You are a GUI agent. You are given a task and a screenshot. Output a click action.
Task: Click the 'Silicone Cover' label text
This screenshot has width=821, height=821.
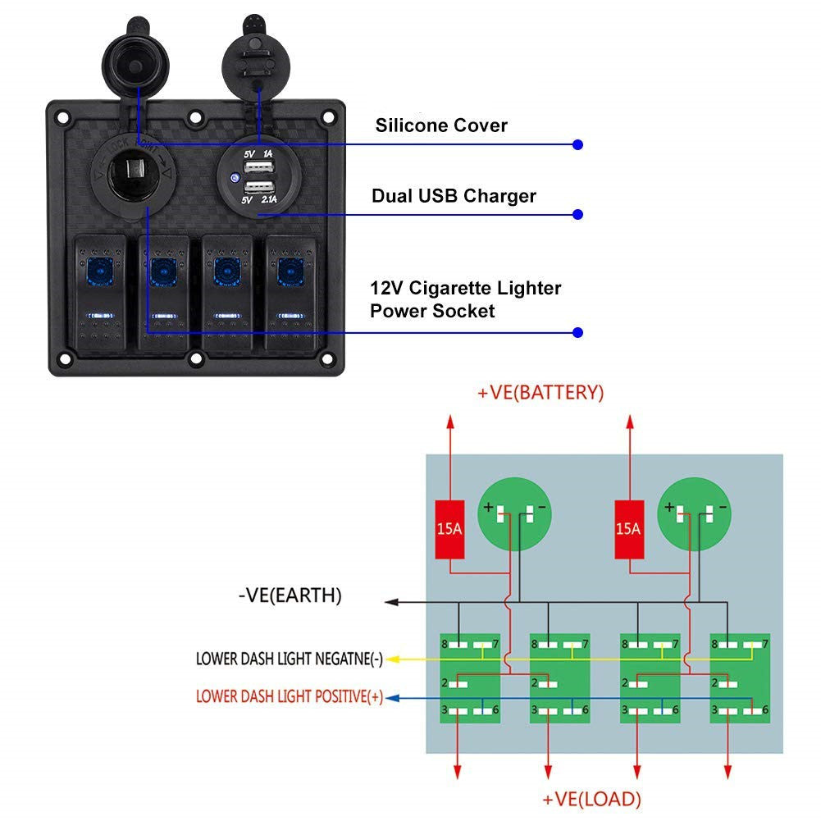click(441, 125)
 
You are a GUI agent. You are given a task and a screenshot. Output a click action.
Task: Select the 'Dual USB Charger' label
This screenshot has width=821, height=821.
click(454, 196)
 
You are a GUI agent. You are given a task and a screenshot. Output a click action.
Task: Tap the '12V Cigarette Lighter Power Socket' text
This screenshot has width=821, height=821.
click(465, 299)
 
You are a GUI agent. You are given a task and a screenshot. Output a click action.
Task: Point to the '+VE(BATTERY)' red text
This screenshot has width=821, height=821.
click(540, 393)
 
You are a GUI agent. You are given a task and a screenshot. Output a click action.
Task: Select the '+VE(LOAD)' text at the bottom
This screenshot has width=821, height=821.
click(591, 799)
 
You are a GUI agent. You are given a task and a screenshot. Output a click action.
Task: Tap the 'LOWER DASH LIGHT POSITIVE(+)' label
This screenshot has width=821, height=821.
click(289, 697)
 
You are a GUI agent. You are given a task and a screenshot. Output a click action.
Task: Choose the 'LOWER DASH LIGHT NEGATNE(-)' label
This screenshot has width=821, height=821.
click(289, 658)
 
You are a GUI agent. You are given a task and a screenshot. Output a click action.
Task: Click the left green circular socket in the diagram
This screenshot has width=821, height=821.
click(514, 515)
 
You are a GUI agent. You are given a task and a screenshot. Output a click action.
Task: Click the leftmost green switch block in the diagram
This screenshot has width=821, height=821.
click(470, 677)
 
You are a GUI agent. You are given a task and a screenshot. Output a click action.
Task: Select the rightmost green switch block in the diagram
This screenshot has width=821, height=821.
click(740, 677)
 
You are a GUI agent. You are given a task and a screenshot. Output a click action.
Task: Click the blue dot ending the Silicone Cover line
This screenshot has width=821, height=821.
click(577, 144)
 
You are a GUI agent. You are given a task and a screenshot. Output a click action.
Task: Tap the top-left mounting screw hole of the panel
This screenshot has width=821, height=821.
click(63, 117)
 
